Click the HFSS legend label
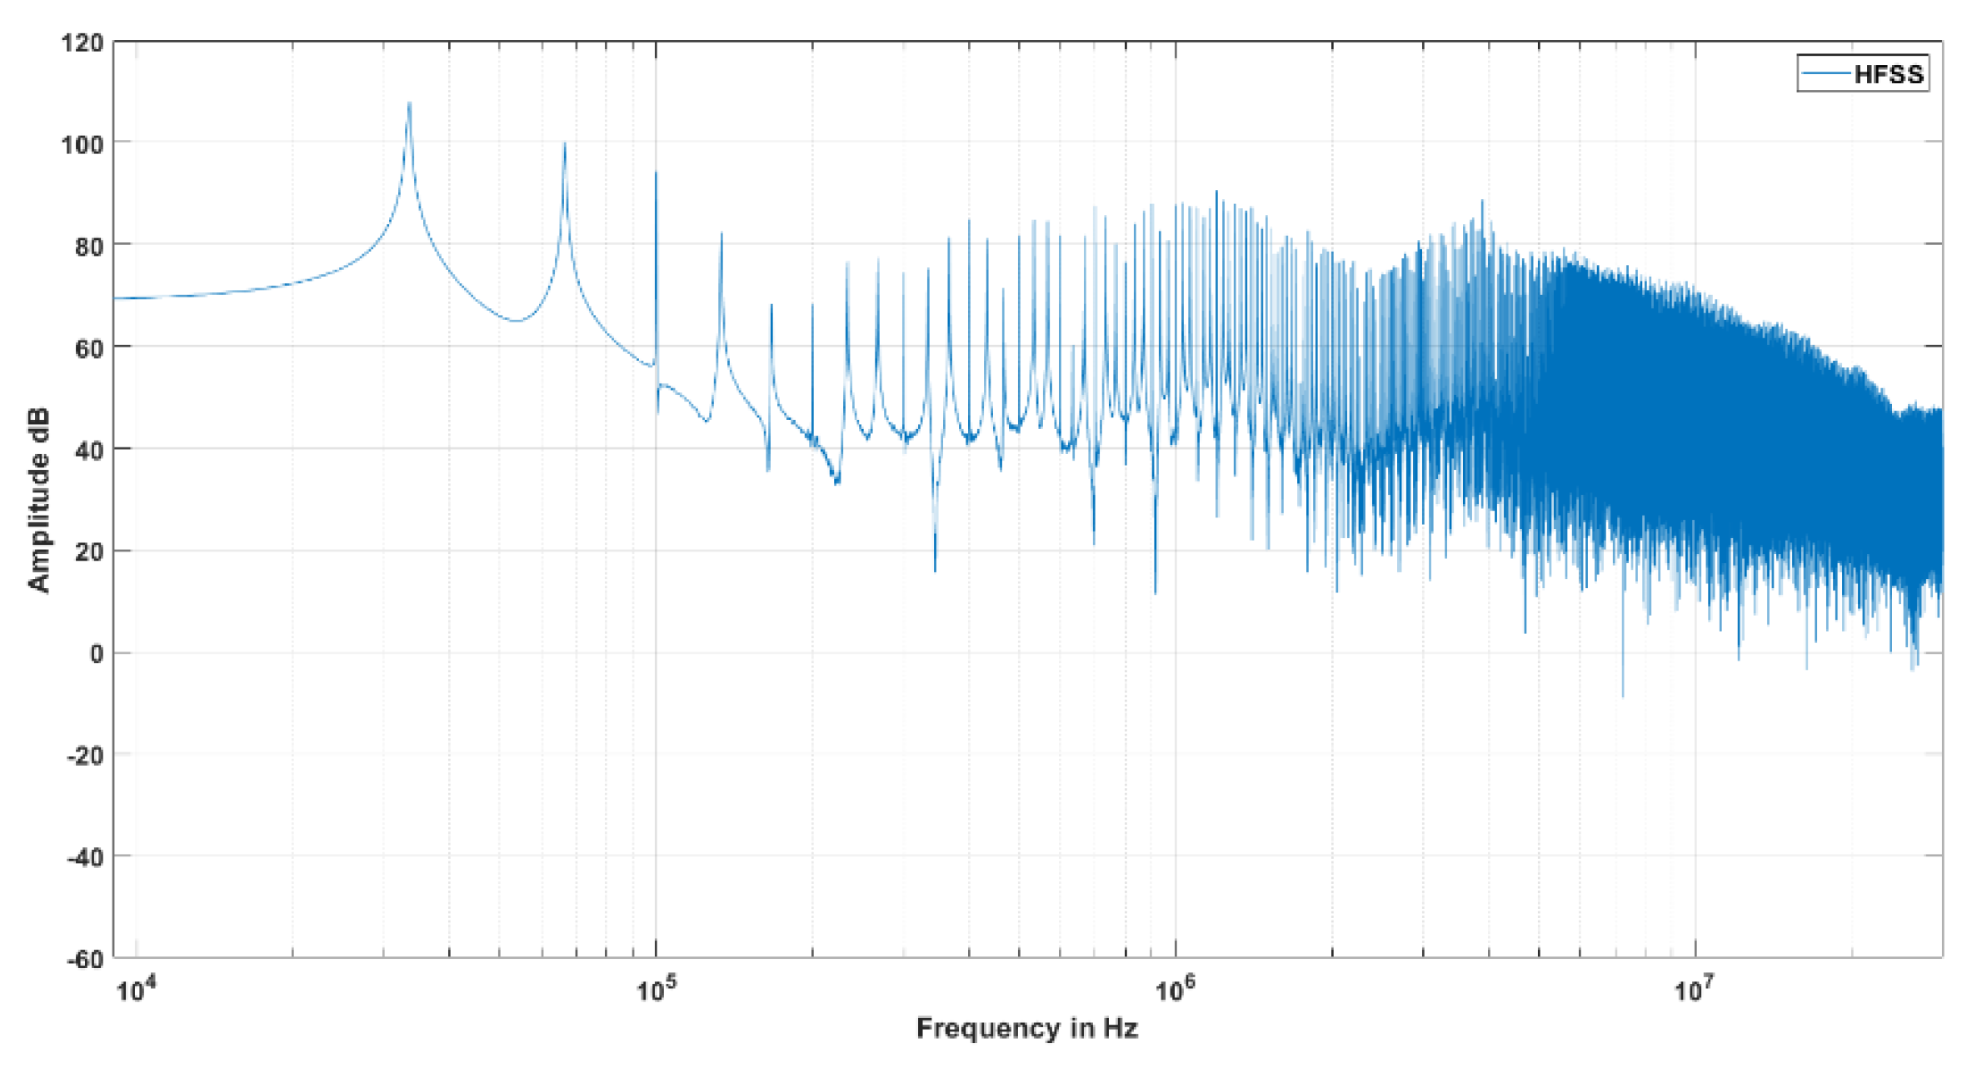[x=1889, y=75]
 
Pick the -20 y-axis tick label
[x=85, y=756]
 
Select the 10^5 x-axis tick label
[x=655, y=991]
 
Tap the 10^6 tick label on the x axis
[x=1175, y=991]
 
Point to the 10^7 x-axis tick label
[x=1695, y=991]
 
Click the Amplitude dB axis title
[x=38, y=500]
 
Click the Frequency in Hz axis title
[x=1026, y=1028]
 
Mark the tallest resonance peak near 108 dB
[x=409, y=103]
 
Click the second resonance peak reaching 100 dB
[x=564, y=144]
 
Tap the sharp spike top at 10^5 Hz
[x=656, y=172]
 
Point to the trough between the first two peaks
[x=517, y=321]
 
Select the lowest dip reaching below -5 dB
[x=1622, y=695]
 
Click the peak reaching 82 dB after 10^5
[x=721, y=234]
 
